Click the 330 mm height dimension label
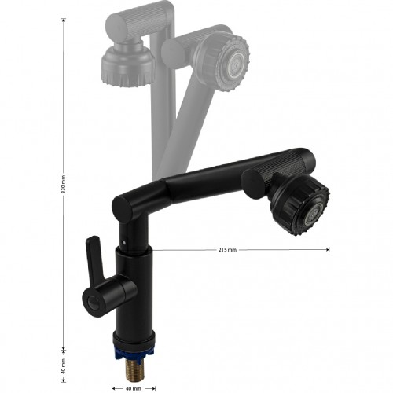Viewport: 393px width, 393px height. pos(64,184)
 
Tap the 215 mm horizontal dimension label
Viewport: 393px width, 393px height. pos(227,250)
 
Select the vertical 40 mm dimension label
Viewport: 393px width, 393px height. pos(64,366)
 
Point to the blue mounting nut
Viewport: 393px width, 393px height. pos(134,352)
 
